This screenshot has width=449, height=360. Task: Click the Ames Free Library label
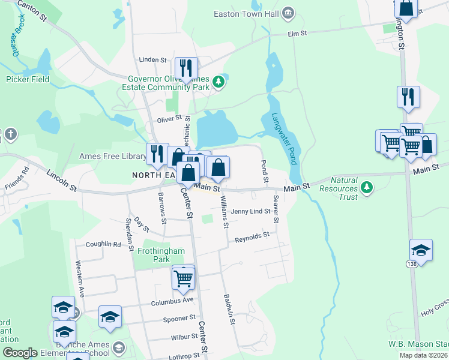112,157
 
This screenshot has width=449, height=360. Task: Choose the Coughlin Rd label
103,244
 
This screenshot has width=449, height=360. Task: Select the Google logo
19,353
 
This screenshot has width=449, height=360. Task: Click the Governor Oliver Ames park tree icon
218,82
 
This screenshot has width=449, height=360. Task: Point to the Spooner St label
179,318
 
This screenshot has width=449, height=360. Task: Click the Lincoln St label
62,180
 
